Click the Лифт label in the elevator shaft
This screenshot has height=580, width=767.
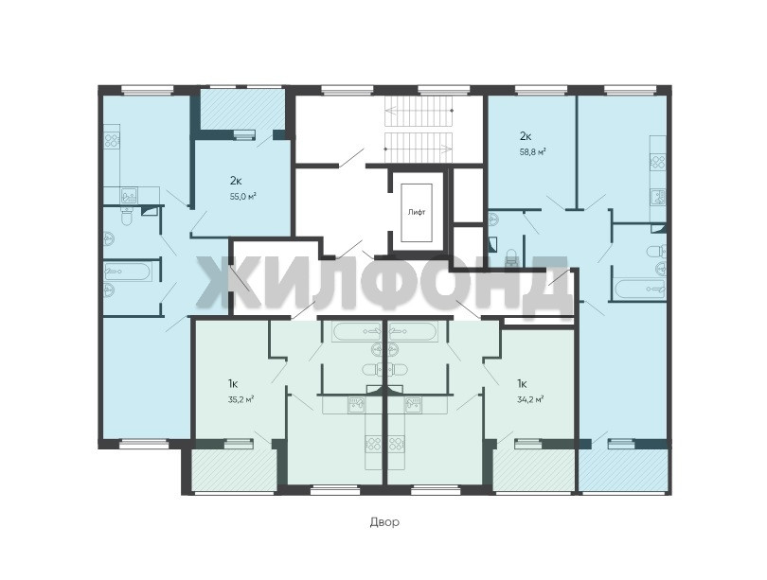(417, 213)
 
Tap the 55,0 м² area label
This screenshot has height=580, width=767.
(243, 196)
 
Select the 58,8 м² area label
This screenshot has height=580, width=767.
(532, 151)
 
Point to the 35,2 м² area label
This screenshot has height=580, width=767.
(241, 399)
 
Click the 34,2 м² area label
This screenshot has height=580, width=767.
(530, 399)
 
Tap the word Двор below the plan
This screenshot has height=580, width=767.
(384, 522)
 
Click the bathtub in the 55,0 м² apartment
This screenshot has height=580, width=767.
(126, 271)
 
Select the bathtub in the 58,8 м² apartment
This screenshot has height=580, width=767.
(640, 289)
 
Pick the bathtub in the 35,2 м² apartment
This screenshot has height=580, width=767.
(358, 331)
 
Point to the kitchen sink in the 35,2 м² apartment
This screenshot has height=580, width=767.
(356, 404)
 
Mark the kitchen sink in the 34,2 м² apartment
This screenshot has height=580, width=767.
(414, 404)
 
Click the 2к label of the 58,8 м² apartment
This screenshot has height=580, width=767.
(526, 136)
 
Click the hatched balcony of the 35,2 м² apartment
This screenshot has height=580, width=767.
(233, 468)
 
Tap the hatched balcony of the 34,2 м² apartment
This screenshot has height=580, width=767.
(534, 468)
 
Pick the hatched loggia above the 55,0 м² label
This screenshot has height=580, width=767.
(242, 109)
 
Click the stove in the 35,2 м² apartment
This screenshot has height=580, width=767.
(375, 444)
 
